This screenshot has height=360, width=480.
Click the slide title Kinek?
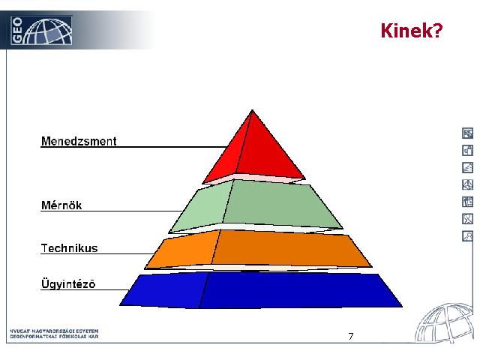[412, 31]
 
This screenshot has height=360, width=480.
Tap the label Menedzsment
[79, 141]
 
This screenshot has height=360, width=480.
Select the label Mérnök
[61, 205]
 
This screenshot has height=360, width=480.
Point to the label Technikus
[70, 248]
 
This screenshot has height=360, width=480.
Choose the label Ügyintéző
[68, 283]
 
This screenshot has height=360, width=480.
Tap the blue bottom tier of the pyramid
[260, 290]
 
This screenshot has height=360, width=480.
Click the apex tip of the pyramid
[252, 110]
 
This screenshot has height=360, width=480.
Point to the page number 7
[351, 337]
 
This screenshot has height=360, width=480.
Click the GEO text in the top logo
[16, 30]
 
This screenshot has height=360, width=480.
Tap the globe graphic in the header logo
[48, 31]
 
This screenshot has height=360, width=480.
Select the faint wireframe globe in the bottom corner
[443, 322]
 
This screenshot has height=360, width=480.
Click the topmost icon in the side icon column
[467, 133]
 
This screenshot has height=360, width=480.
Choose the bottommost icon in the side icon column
[467, 236]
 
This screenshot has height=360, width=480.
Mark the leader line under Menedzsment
[133, 147]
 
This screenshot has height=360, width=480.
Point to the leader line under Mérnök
[112, 211]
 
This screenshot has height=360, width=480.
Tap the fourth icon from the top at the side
[467, 184]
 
